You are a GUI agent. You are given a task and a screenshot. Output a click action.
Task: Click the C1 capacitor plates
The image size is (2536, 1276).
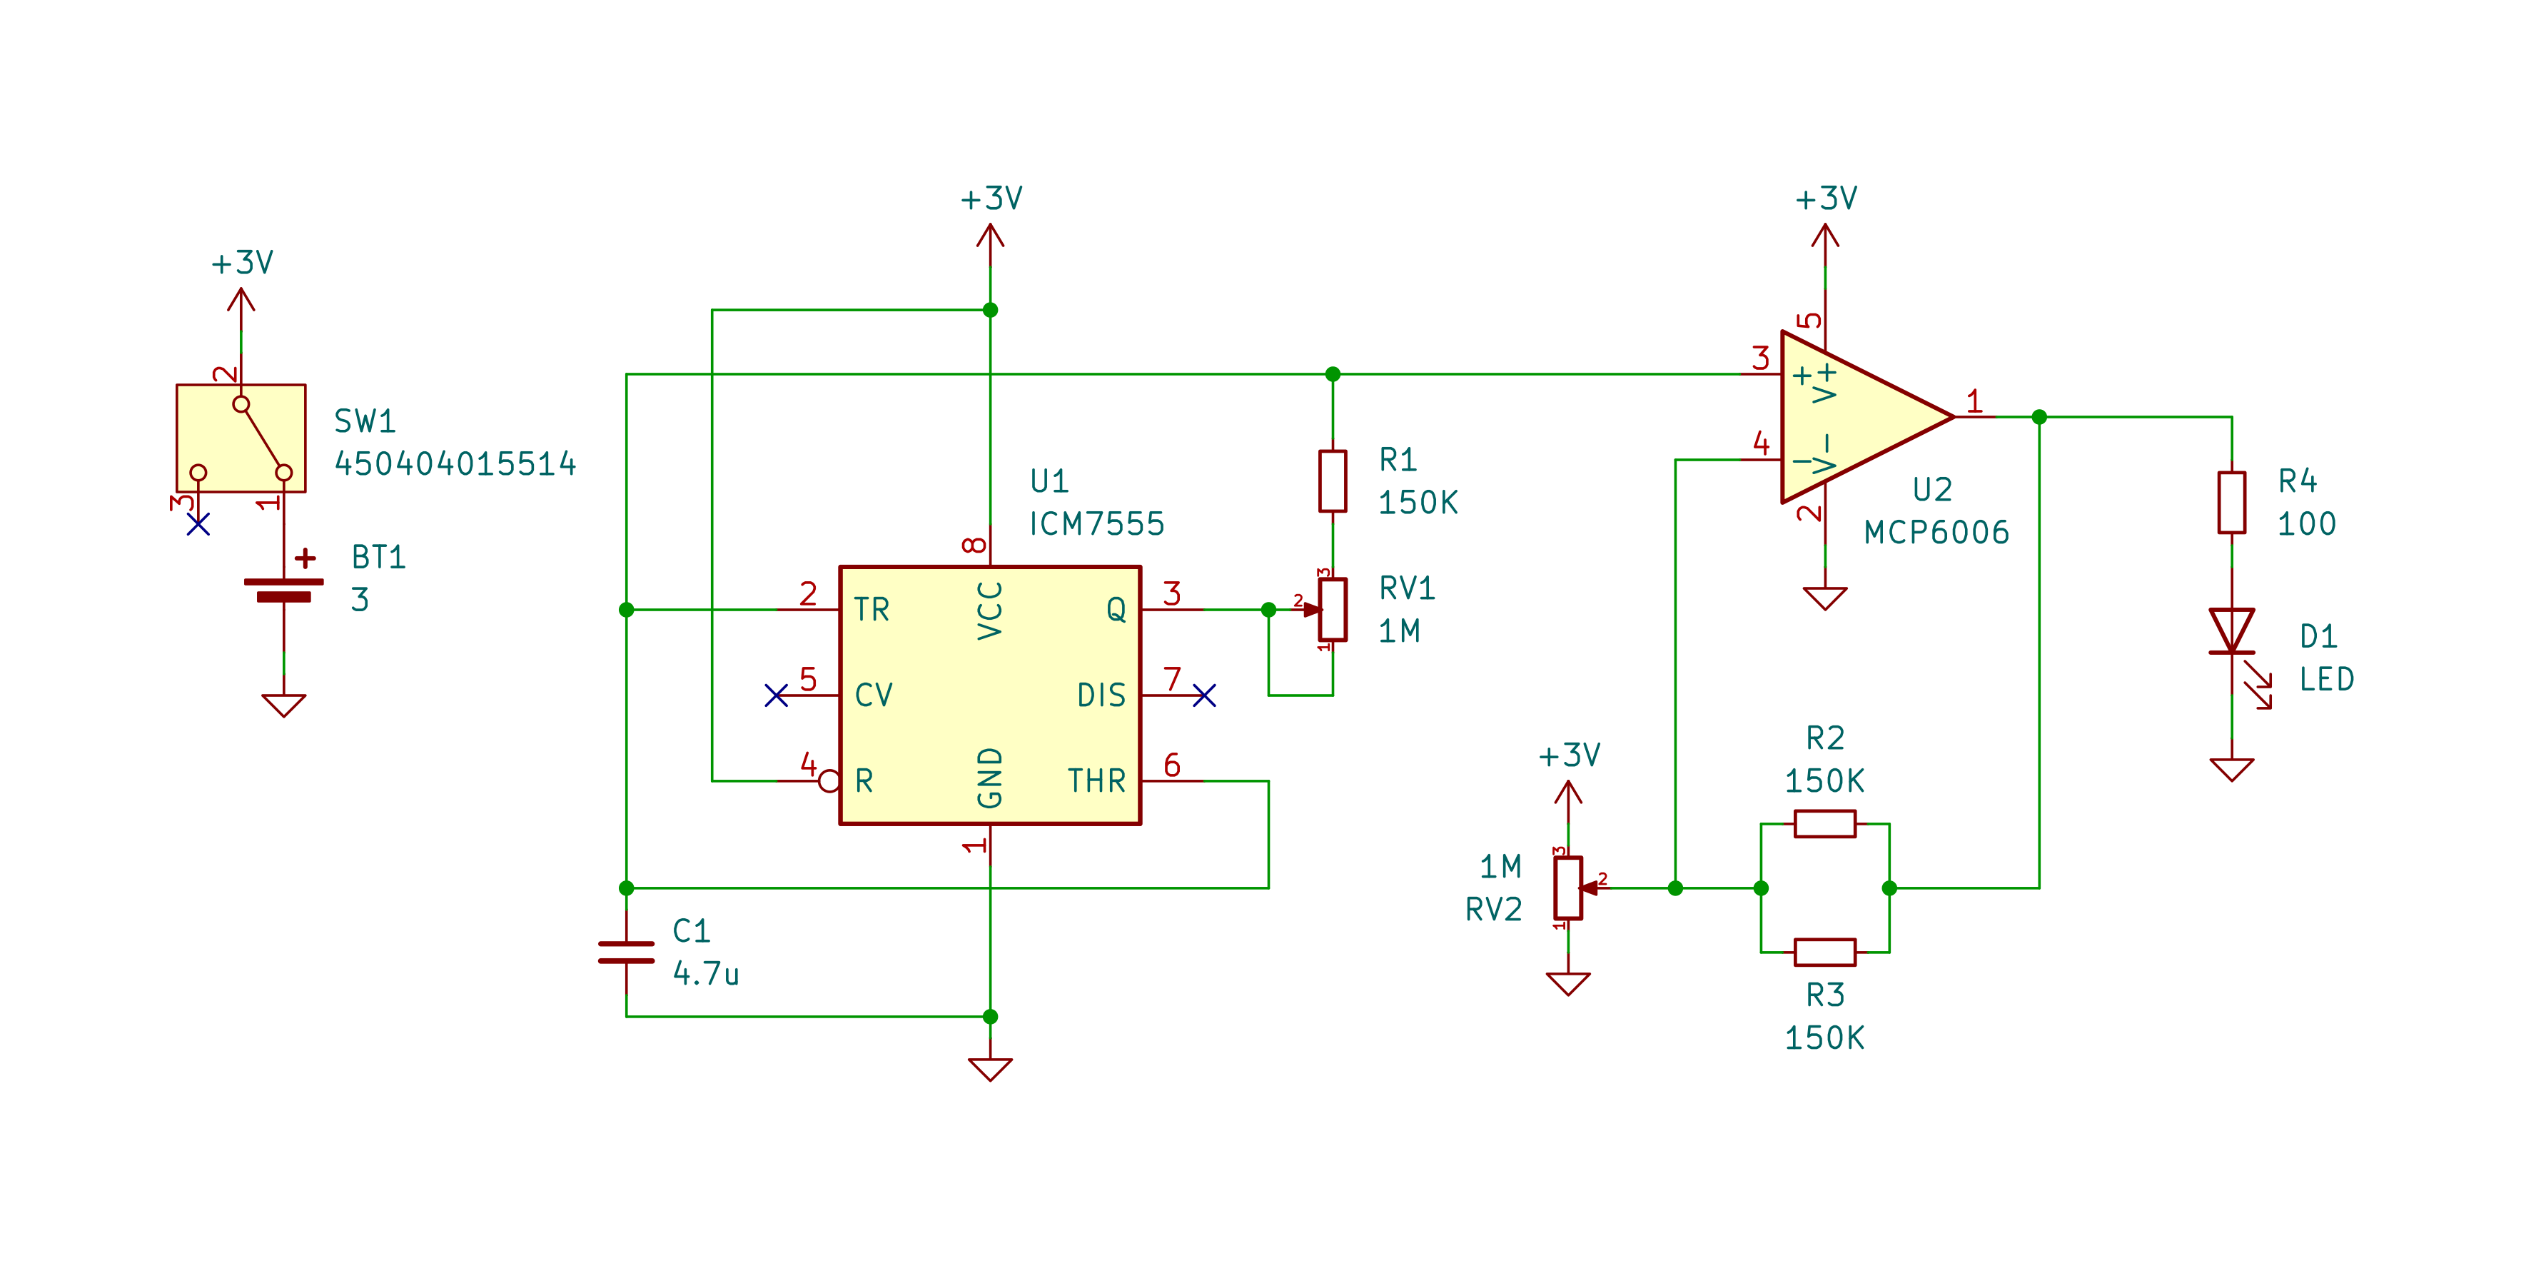click(x=626, y=952)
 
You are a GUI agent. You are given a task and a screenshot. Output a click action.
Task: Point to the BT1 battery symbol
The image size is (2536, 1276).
click(x=283, y=589)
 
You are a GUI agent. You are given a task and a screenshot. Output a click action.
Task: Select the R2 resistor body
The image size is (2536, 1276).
click(x=1824, y=823)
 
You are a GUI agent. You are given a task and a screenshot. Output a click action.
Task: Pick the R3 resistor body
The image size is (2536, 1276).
click(x=1824, y=952)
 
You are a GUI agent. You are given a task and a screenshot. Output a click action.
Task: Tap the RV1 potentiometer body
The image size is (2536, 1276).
click(x=1333, y=610)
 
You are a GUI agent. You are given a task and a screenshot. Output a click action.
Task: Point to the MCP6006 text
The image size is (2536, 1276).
click(x=1936, y=533)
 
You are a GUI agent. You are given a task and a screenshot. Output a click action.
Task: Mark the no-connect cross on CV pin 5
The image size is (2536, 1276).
click(x=776, y=696)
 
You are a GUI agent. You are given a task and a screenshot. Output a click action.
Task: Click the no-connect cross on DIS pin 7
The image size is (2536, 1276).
click(x=1204, y=696)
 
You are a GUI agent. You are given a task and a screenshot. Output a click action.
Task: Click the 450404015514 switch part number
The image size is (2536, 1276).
click(x=455, y=463)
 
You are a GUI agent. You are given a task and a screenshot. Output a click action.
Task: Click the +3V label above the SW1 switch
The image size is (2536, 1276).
click(x=242, y=263)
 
